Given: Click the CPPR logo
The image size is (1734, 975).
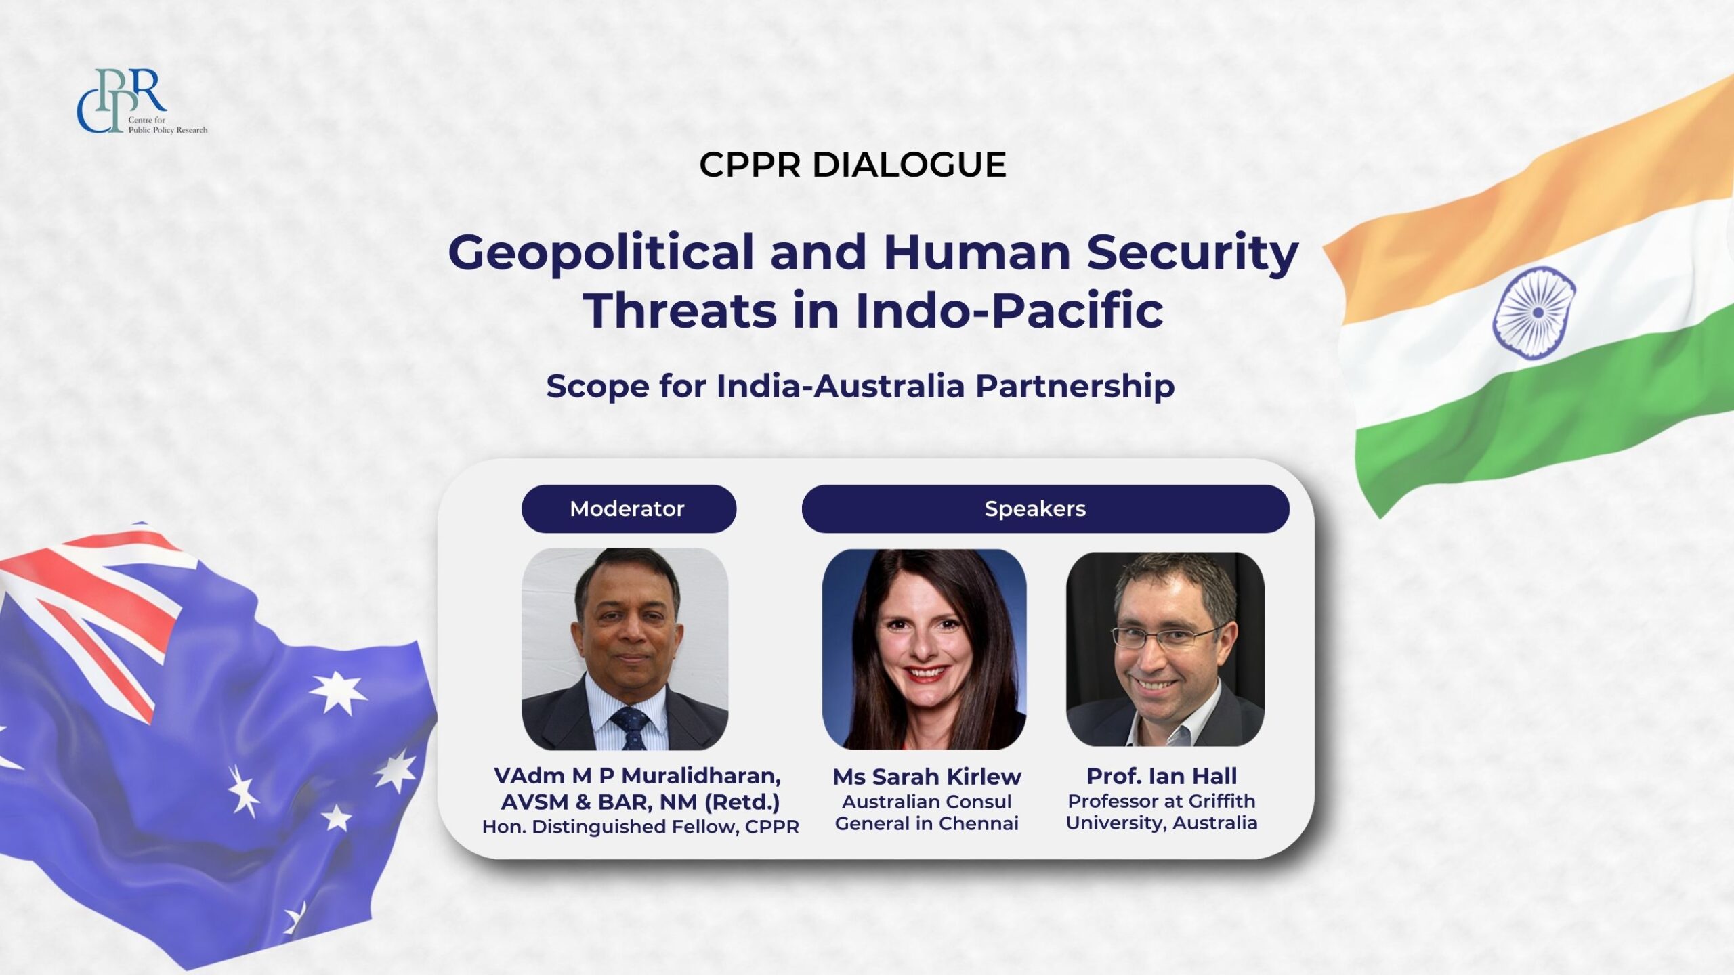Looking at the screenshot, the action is pos(142,102).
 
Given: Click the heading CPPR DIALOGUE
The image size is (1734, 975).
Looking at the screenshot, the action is pos(853,165).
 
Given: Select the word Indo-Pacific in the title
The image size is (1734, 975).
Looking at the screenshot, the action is pos(1009,311).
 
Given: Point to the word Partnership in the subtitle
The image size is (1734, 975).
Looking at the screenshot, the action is pos(1075,387).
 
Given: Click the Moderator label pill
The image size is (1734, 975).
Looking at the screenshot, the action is pos(629,508).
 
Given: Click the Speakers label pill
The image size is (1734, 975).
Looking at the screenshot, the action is pos(1045,508).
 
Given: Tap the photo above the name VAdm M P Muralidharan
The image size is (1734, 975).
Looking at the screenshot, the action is pos(625,649).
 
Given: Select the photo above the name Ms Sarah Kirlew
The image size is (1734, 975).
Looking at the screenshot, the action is pos(924,649).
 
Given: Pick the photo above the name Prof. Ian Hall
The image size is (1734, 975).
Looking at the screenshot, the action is pos(1165,649).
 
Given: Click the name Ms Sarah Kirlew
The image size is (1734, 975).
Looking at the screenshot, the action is pos(927,777).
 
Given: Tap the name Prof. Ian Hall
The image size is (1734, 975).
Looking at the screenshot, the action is pos(1162,776).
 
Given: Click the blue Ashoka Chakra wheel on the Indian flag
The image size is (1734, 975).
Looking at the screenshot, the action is pos(1534,313).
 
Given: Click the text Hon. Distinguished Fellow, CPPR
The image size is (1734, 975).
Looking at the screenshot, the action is pos(640,827).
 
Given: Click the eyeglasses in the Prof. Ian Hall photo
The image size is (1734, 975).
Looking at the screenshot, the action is pos(1166,637).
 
